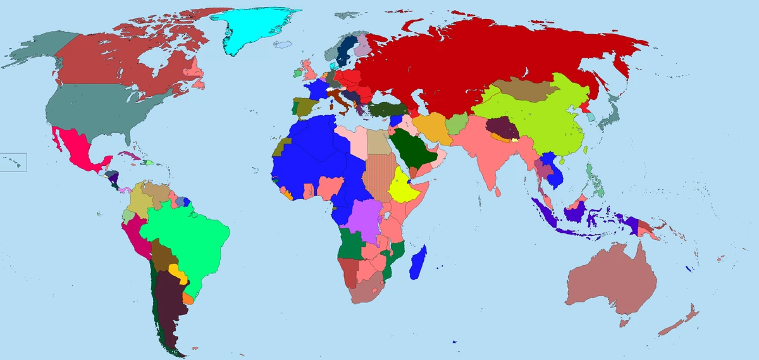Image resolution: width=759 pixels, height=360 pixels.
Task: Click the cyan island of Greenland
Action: [253, 28]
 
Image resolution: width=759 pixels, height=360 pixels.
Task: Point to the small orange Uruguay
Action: [188, 297]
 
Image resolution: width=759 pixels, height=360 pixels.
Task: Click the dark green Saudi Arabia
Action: [411, 146]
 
